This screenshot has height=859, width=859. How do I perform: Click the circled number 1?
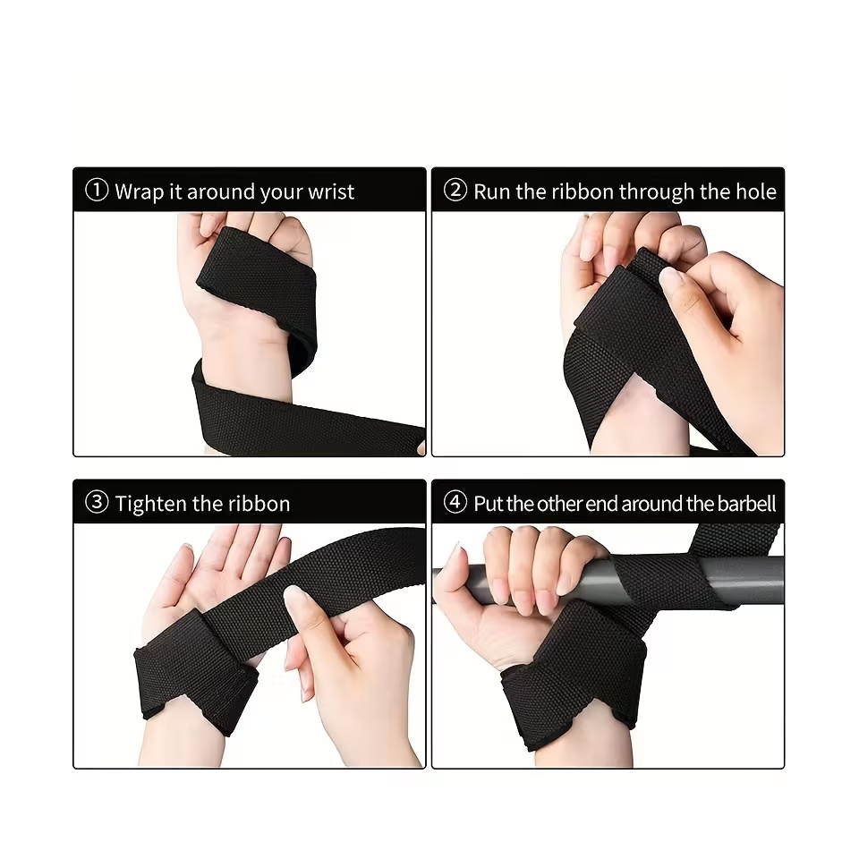(97, 191)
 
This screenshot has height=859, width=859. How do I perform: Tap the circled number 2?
(455, 191)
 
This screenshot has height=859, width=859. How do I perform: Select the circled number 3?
(97, 503)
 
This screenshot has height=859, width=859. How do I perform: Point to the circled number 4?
(455, 503)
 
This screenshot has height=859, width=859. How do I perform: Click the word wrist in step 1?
(331, 191)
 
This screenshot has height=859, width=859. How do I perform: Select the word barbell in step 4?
(747, 504)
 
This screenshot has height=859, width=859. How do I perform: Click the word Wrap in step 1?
(136, 191)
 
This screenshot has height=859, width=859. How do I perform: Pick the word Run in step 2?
(491, 191)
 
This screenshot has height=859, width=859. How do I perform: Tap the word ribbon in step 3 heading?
(258, 504)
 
